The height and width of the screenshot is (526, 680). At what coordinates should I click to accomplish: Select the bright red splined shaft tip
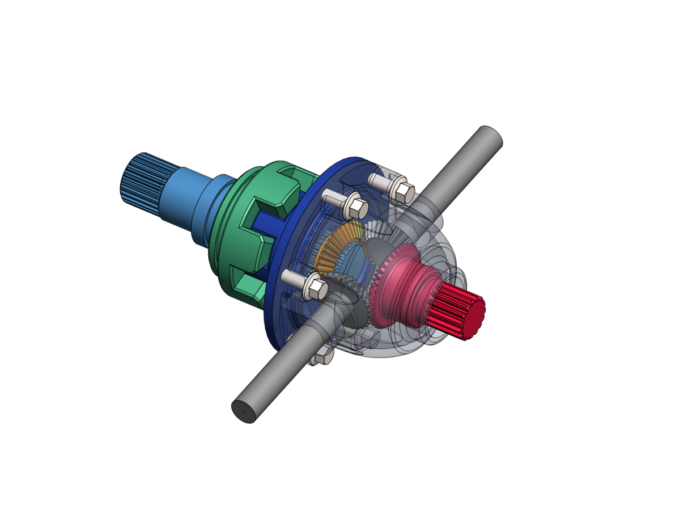[456, 312]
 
